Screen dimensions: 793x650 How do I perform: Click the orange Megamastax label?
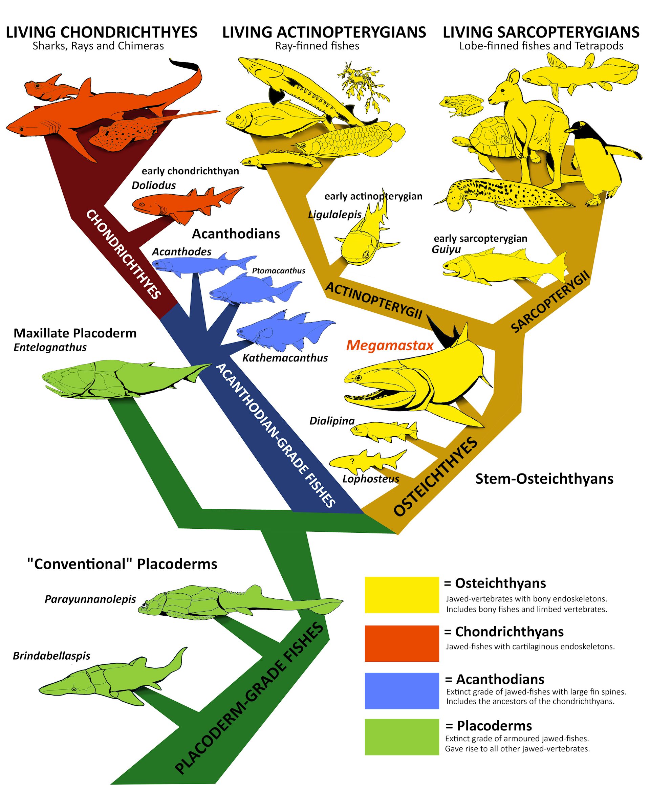click(389, 345)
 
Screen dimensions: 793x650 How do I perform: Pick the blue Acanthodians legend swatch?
click(402, 690)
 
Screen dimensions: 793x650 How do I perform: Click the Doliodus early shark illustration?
click(183, 204)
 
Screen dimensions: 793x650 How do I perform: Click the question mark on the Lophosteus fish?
click(352, 461)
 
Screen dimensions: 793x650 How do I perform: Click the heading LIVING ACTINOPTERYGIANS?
click(324, 32)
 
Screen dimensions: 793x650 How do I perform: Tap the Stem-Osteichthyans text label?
click(544, 479)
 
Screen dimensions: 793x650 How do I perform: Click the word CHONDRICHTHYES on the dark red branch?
click(124, 255)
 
